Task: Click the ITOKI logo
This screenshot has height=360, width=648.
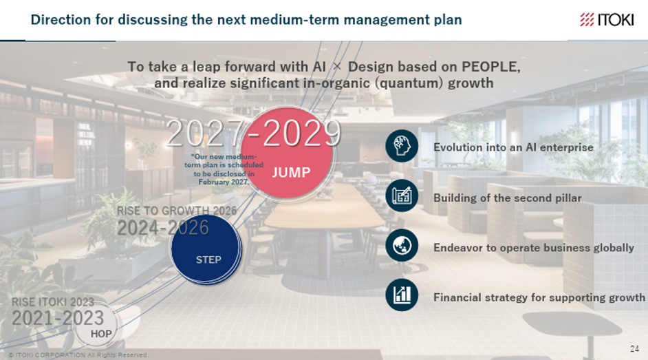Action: (606, 19)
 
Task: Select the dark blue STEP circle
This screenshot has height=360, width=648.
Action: (206, 248)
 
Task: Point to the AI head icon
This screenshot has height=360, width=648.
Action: (402, 146)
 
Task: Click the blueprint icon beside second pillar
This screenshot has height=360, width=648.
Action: (402, 196)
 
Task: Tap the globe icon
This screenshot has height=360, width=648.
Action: (402, 246)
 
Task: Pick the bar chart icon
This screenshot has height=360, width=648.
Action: (402, 295)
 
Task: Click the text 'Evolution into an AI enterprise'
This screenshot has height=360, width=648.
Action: (513, 147)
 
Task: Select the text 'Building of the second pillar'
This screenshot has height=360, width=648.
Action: (508, 198)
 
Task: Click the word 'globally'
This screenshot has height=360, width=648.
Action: (614, 248)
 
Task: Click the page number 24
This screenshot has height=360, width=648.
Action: (634, 348)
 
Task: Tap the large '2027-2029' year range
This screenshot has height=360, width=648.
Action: (254, 133)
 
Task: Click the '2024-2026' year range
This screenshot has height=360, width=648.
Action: (163, 228)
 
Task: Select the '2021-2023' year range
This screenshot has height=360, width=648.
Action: (58, 318)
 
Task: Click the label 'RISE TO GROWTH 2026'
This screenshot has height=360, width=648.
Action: (177, 211)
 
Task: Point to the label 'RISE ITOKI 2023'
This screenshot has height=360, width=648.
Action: (53, 302)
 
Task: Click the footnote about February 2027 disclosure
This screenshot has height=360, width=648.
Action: (224, 169)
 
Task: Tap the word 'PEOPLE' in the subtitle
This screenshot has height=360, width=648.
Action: (490, 67)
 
